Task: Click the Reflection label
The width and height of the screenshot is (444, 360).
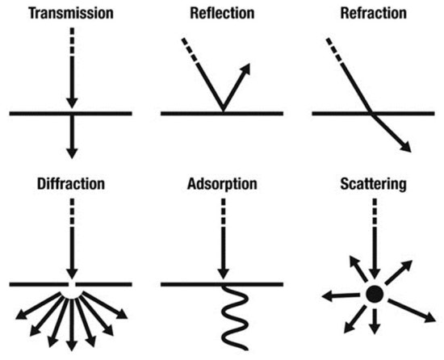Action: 221,14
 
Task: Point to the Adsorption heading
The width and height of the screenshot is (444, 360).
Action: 221,183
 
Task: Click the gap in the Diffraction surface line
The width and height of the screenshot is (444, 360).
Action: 72,284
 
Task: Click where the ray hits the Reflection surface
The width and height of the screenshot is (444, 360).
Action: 221,112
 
